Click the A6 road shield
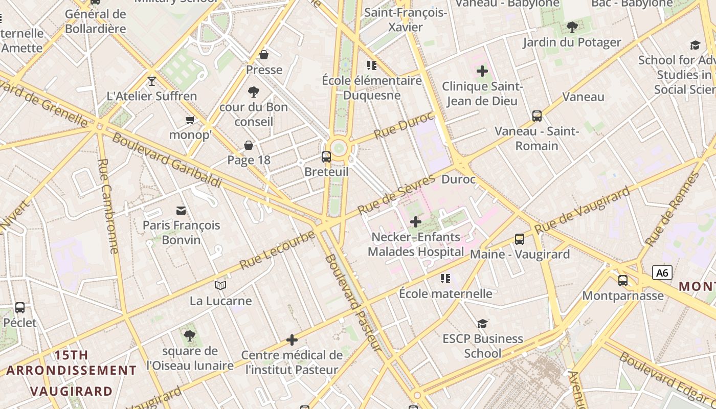pyautogui.click(x=662, y=273)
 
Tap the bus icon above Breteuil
pyautogui.click(x=326, y=157)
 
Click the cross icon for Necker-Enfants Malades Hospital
pyautogui.click(x=416, y=222)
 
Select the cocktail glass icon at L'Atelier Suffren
pyautogui.click(x=152, y=81)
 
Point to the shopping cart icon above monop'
pyautogui.click(x=190, y=120)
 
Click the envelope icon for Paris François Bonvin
pyautogui.click(x=181, y=211)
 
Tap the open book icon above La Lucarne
pyautogui.click(x=220, y=285)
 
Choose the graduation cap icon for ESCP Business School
pyautogui.click(x=482, y=324)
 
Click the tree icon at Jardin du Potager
pyautogui.click(x=572, y=27)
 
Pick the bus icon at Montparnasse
pyautogui.click(x=622, y=281)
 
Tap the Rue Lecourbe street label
pyautogui.click(x=277, y=251)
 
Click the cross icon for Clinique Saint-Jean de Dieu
pyautogui.click(x=482, y=71)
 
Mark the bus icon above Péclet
pyautogui.click(x=20, y=308)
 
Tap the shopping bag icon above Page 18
pyautogui.click(x=249, y=146)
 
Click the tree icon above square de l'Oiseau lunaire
pyautogui.click(x=190, y=336)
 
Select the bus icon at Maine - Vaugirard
pyautogui.click(x=519, y=239)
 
